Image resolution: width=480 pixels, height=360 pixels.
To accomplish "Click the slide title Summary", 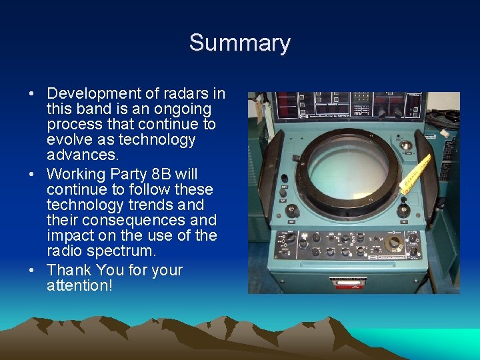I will pyautogui.click(x=239, y=43).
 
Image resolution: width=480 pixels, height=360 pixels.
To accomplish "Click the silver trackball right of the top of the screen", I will pyautogui.click(x=405, y=145).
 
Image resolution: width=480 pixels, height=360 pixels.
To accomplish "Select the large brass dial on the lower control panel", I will pyautogui.click(x=394, y=243).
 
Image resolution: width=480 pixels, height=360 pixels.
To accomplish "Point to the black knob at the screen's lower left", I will pyautogui.click(x=291, y=211).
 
